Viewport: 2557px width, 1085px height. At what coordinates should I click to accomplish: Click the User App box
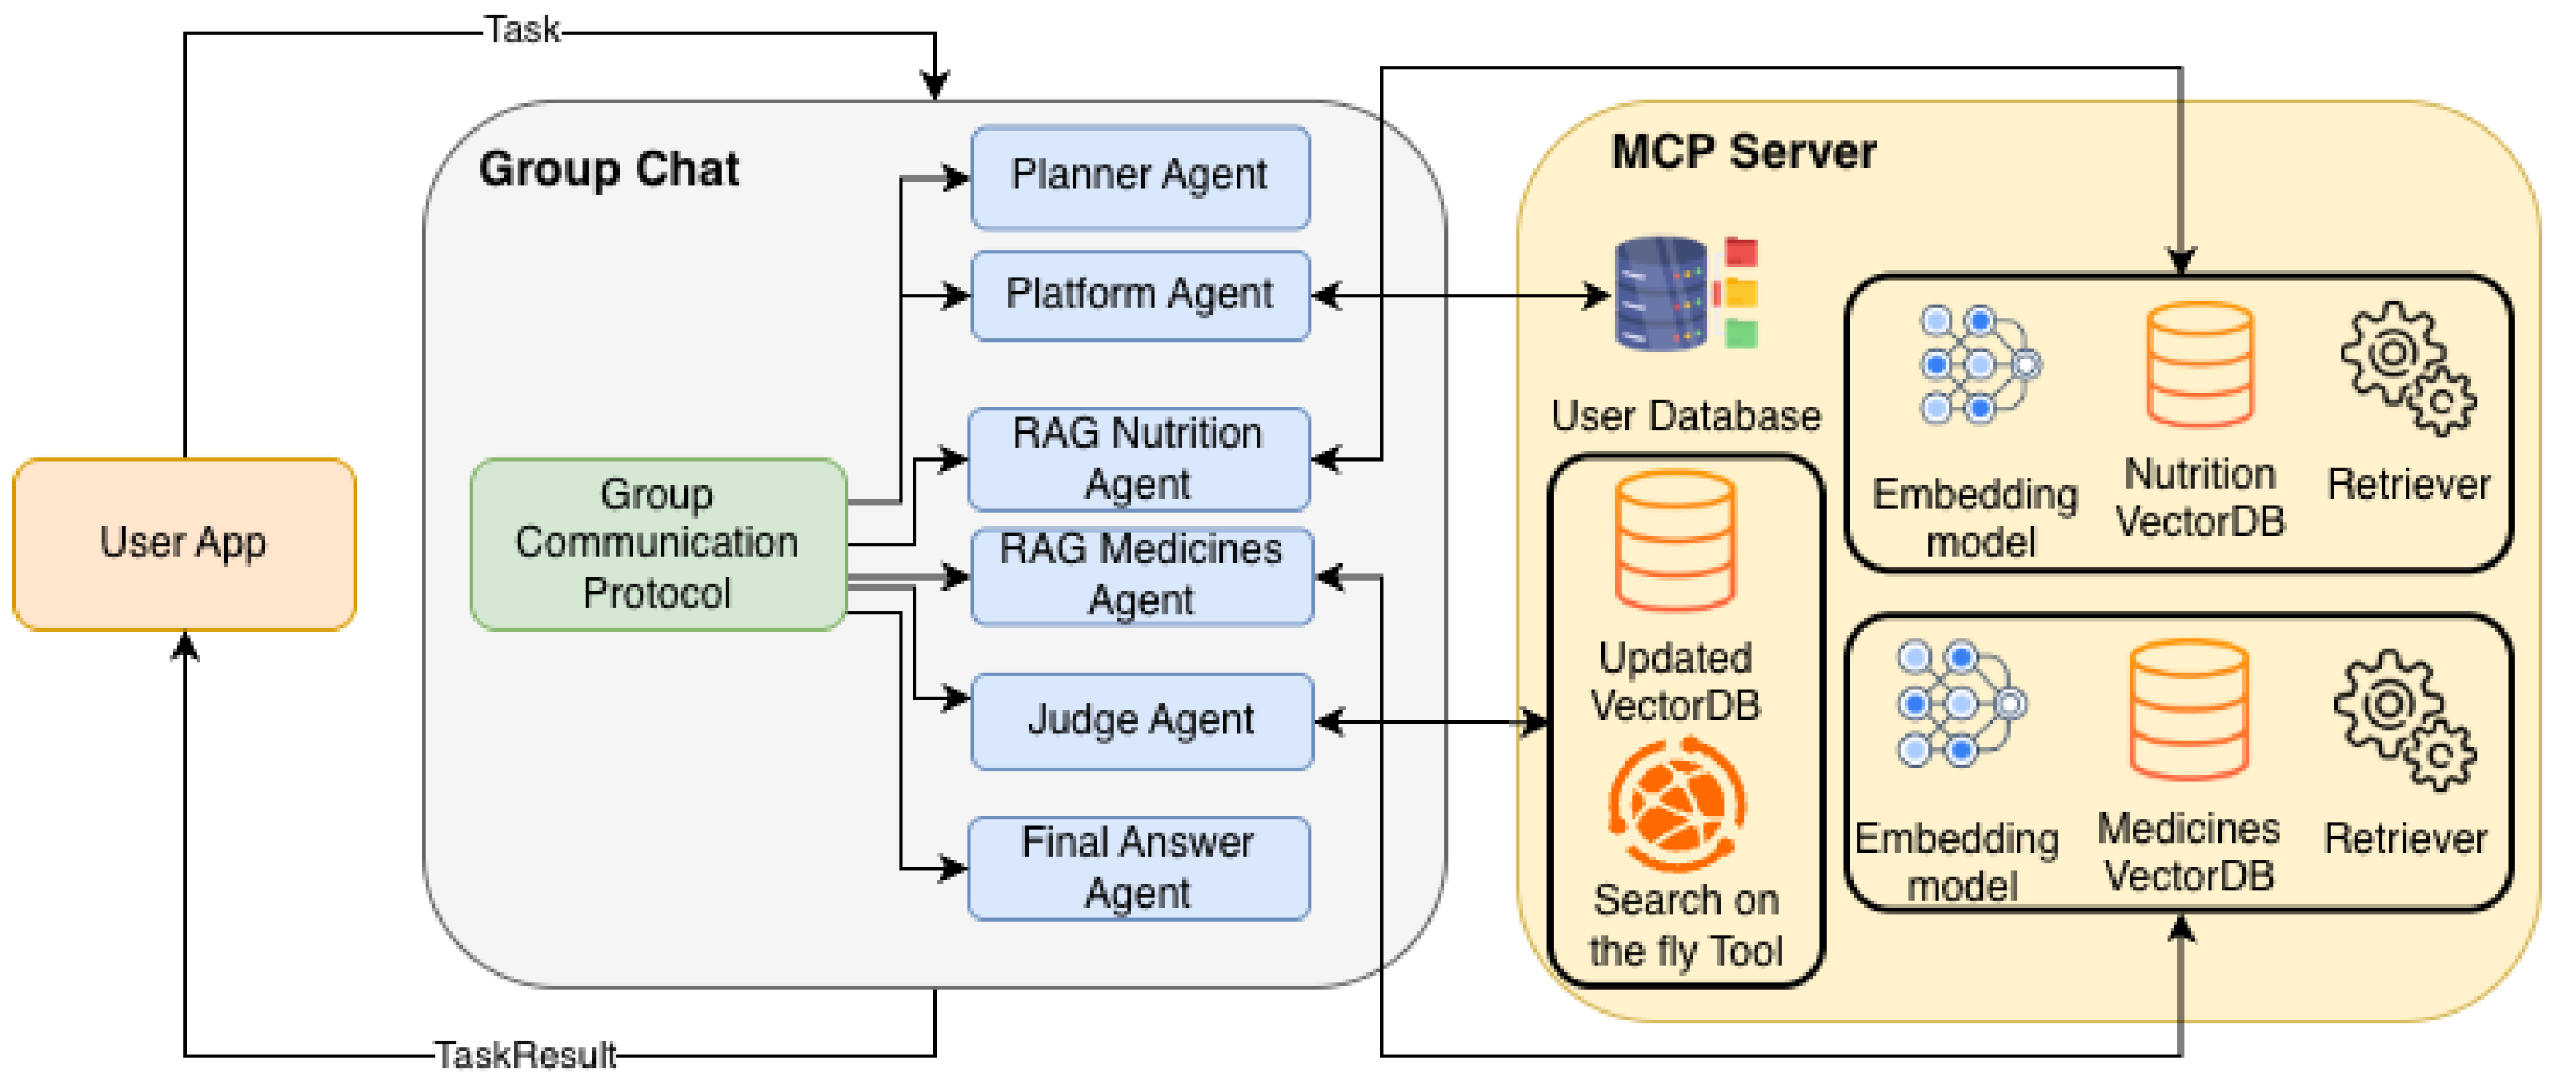click(x=183, y=543)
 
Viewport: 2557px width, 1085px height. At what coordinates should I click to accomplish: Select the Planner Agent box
click(x=1140, y=177)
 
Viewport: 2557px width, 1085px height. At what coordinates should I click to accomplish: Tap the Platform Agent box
click(x=1140, y=295)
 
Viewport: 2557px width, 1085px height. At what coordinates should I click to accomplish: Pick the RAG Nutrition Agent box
click(x=1137, y=458)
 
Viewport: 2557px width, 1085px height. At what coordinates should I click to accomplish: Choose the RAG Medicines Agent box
click(x=1141, y=576)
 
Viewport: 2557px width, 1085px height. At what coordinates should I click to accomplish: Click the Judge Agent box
click(x=1141, y=720)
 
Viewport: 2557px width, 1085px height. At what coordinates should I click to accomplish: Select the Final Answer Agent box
click(x=1137, y=867)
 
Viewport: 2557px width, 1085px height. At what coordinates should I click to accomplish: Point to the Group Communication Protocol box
click(x=657, y=543)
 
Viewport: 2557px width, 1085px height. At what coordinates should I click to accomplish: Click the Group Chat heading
click(x=609, y=168)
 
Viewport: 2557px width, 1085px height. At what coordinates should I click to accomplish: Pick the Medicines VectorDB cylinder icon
click(x=2188, y=709)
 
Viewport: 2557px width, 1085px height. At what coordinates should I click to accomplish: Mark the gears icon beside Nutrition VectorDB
click(x=2408, y=367)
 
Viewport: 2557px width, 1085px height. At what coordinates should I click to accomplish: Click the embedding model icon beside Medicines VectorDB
click(x=1960, y=704)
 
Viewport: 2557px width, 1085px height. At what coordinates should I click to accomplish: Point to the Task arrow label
click(x=521, y=30)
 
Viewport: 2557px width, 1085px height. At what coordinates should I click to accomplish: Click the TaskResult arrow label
click(x=525, y=1055)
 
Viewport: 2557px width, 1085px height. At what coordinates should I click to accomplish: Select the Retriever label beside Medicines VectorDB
click(x=2405, y=839)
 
